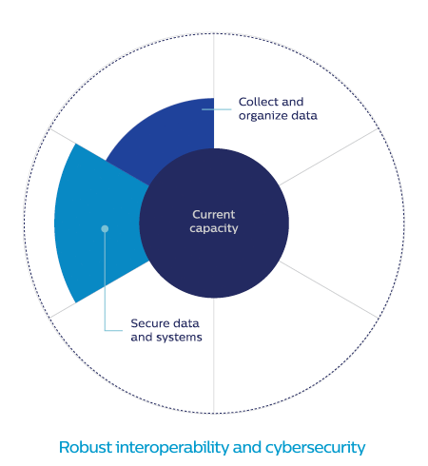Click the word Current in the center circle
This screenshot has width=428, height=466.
[x=214, y=215]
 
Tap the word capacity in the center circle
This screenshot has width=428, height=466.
[x=214, y=228]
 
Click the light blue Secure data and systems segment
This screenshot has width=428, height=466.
[x=95, y=222]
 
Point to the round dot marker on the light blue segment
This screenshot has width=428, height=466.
[x=105, y=228]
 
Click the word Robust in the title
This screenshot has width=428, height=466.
[x=86, y=447]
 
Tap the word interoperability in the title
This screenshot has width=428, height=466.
[x=172, y=447]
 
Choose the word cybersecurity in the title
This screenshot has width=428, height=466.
[x=315, y=447]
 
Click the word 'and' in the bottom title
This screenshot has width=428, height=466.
[x=247, y=447]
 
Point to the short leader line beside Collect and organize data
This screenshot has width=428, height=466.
[x=217, y=109]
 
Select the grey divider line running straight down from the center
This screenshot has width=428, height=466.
[x=214, y=356]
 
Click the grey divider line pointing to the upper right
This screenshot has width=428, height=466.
[x=329, y=157]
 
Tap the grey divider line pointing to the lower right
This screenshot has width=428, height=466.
[x=329, y=290]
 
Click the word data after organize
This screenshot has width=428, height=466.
[x=304, y=116]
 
